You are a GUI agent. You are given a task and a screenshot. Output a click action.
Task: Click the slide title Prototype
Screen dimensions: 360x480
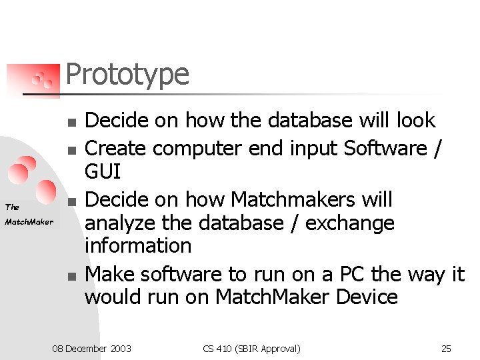click(x=127, y=75)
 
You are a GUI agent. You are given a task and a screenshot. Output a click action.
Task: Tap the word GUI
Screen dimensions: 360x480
click(x=103, y=172)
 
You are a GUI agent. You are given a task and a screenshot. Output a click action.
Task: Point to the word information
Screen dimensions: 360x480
click(x=138, y=245)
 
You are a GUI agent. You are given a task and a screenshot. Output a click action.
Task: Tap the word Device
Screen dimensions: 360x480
click(x=366, y=297)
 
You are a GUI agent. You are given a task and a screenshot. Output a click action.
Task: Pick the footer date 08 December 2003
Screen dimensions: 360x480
click(x=92, y=349)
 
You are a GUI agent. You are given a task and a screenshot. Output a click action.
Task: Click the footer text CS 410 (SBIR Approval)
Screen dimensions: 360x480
click(x=252, y=349)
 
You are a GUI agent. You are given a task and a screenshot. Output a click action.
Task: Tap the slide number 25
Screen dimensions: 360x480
click(x=446, y=349)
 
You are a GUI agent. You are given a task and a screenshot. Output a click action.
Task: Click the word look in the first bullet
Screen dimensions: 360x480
click(x=415, y=121)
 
